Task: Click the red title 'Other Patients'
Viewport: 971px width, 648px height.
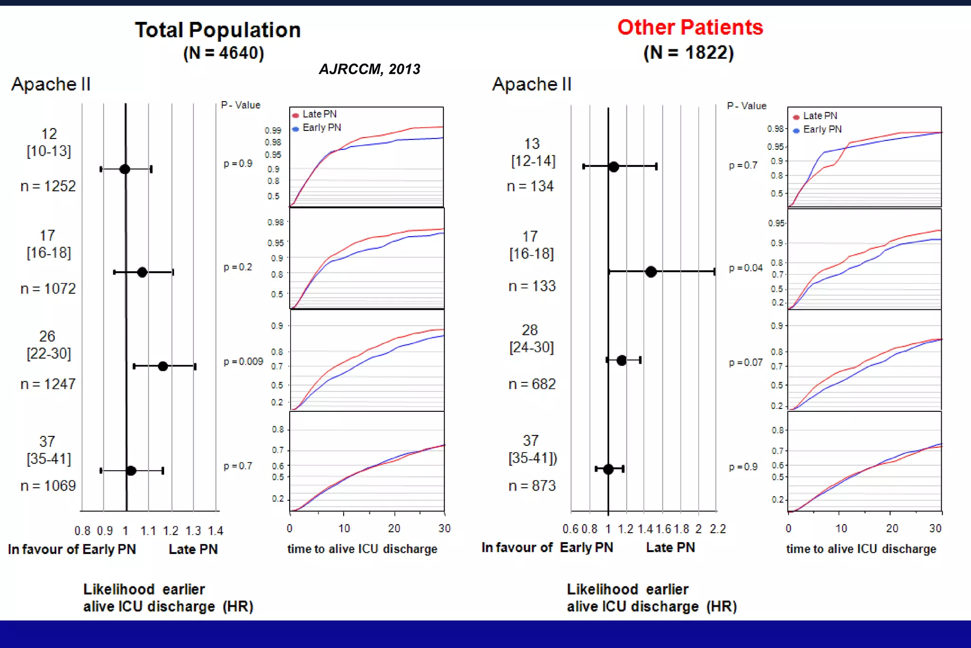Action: click(690, 28)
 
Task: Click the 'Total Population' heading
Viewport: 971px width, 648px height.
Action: click(218, 30)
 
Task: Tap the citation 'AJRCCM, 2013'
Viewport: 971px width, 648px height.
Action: click(369, 69)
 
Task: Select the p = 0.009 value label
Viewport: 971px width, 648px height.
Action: click(243, 361)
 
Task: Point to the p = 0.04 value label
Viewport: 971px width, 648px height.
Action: click(746, 268)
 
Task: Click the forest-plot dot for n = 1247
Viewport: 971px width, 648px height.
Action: click(163, 366)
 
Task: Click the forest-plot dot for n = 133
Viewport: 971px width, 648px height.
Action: click(651, 271)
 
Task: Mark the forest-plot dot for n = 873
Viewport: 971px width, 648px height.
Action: click(608, 469)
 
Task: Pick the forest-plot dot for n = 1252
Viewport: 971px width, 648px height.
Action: click(125, 169)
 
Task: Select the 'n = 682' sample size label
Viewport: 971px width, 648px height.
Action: click(532, 384)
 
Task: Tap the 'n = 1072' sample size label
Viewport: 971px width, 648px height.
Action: click(48, 288)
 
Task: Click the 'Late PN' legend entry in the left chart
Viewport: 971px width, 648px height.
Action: click(319, 114)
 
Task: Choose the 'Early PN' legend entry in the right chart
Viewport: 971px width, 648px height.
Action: click(822, 130)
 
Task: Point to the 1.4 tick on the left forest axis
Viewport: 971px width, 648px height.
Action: click(216, 530)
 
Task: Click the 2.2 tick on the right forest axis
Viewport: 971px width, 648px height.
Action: click(717, 529)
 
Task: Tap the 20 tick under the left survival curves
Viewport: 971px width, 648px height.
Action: click(394, 528)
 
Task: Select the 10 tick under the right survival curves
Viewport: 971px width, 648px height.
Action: click(841, 528)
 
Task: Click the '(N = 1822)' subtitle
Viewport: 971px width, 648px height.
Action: click(688, 53)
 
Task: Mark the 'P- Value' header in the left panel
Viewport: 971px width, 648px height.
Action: click(241, 105)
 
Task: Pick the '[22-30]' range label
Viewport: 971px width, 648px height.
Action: click(49, 353)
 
